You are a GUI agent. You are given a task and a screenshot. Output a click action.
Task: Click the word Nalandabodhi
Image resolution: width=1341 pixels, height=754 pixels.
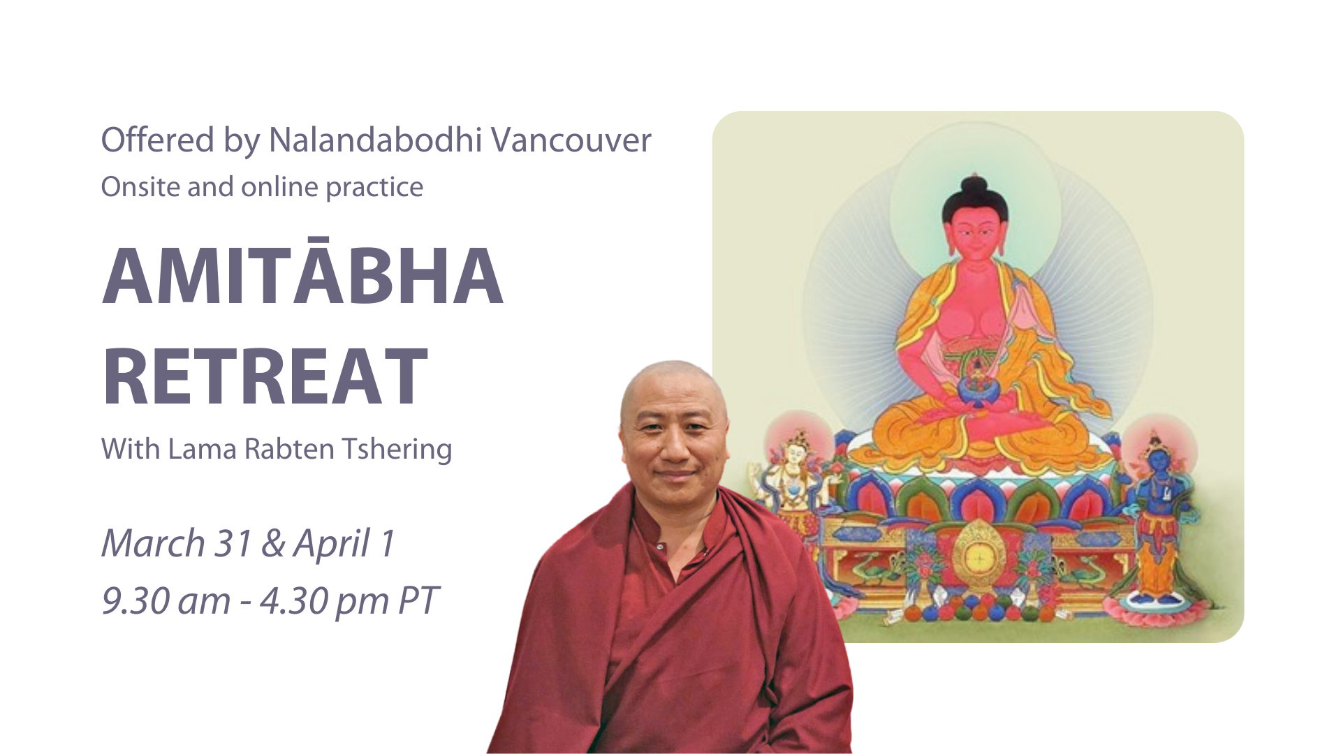click(375, 140)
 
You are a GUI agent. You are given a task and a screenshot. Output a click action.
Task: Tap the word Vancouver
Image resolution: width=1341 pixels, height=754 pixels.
click(571, 140)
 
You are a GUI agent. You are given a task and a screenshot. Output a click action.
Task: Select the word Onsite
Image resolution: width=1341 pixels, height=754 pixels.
click(140, 186)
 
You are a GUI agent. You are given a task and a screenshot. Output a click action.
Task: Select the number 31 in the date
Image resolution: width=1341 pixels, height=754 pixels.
click(233, 543)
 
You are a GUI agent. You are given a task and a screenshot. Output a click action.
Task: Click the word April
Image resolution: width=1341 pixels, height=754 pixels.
click(332, 545)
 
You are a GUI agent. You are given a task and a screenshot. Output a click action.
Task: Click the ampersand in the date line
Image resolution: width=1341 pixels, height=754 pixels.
click(273, 545)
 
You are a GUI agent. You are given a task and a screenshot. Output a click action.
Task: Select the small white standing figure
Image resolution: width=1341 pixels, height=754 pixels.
click(793, 482)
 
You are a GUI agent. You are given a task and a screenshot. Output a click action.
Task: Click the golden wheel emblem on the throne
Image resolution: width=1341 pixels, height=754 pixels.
click(976, 557)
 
